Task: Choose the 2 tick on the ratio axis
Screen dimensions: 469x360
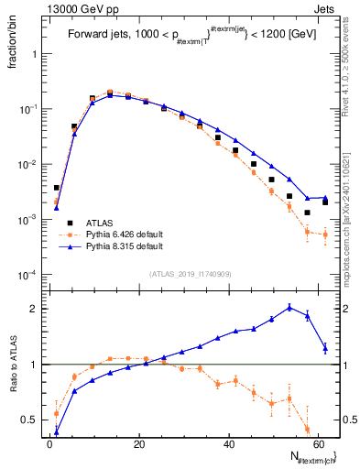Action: (x=37, y=309)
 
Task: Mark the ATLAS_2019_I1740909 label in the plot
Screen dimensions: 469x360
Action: (x=191, y=273)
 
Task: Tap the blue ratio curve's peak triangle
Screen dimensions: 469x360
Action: (x=289, y=307)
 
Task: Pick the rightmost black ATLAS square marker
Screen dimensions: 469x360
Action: (x=325, y=202)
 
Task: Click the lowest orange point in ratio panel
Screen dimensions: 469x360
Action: (x=307, y=429)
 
